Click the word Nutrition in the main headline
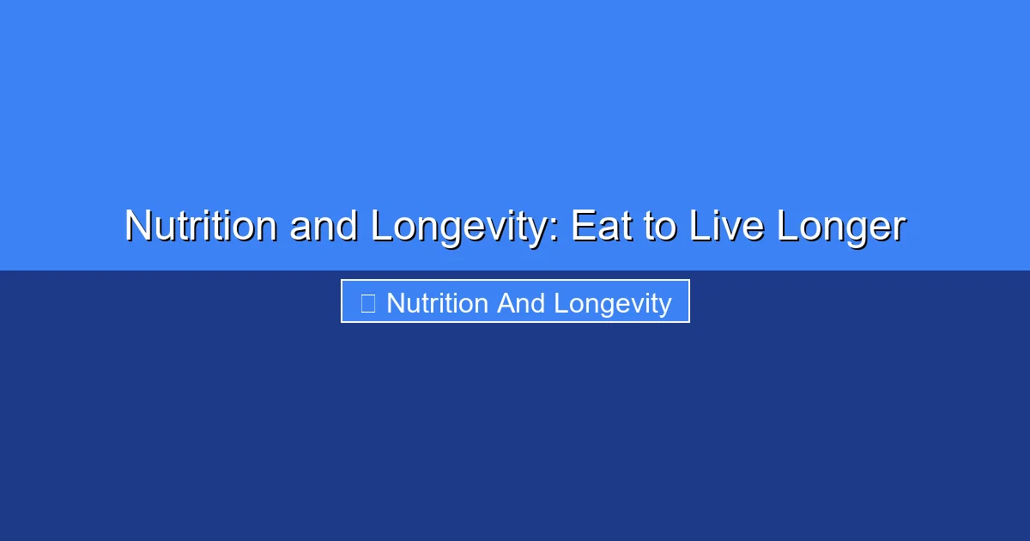201,227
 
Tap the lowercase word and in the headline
324,227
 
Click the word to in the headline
661,227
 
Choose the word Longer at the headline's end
841,227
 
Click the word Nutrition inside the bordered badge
438,303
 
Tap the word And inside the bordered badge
521,303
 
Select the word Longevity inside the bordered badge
612,303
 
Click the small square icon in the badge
367,303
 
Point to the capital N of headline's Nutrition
137,227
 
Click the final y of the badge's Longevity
665,306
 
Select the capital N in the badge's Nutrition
395,303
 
